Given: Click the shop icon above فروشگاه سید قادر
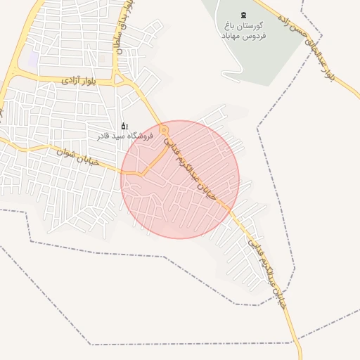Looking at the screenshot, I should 124,126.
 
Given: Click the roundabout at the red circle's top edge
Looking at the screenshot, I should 164,130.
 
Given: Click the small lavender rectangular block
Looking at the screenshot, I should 33,60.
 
